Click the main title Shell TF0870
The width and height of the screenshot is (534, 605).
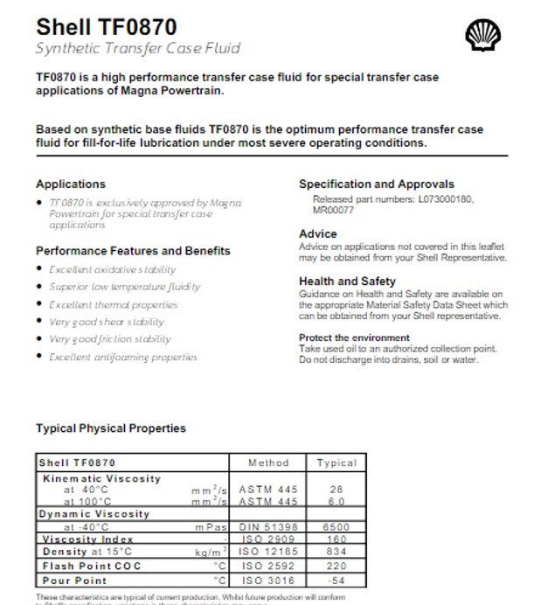click(95, 26)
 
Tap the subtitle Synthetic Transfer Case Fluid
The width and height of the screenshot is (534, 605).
click(138, 47)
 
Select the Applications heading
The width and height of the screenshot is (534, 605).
click(70, 184)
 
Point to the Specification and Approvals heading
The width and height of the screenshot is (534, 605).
click(377, 184)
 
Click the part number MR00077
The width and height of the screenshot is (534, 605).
click(333, 211)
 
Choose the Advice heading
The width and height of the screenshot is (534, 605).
click(318, 234)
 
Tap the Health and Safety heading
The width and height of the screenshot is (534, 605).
click(347, 282)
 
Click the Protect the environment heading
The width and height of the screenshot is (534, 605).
click(354, 337)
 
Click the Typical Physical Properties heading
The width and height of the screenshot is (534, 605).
click(110, 428)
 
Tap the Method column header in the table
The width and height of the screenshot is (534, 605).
click(268, 462)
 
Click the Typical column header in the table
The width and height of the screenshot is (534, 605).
click(336, 462)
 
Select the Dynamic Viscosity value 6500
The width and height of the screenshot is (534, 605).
click(336, 528)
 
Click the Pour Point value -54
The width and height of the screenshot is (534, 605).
click(336, 580)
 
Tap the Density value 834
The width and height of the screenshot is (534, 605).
click(336, 553)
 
